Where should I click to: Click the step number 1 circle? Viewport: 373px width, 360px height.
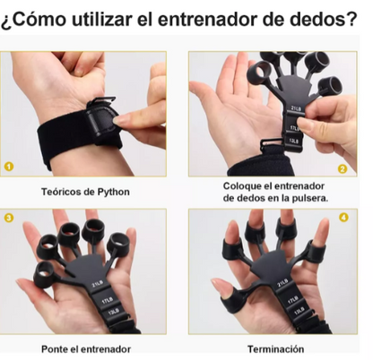(x=10, y=167)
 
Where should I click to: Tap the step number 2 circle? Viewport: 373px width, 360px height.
(x=342, y=167)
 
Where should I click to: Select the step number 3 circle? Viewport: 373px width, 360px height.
(x=10, y=218)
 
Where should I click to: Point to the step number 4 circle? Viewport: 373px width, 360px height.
(x=343, y=218)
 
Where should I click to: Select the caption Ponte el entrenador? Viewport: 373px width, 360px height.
(x=87, y=348)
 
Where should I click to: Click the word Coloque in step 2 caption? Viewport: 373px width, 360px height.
(x=243, y=185)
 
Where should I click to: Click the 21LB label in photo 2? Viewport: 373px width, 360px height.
(x=295, y=110)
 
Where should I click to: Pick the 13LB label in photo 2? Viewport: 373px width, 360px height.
(x=293, y=140)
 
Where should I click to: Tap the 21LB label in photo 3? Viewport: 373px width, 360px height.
(x=99, y=286)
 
